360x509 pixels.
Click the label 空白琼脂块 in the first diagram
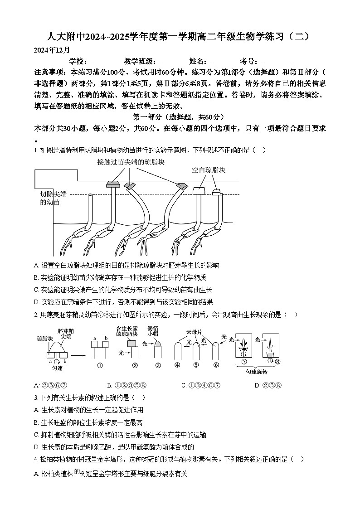coord(209,170)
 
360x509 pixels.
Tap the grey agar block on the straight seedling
coord(111,184)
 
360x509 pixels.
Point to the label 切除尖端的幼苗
coord(53,198)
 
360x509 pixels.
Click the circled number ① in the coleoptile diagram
coord(99,365)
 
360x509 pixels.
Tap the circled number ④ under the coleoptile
coord(177,365)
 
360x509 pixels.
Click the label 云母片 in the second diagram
coord(194,332)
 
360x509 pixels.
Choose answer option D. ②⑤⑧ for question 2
coord(268,385)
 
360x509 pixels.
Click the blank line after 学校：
coord(105,62)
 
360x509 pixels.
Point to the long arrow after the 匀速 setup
coord(79,355)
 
